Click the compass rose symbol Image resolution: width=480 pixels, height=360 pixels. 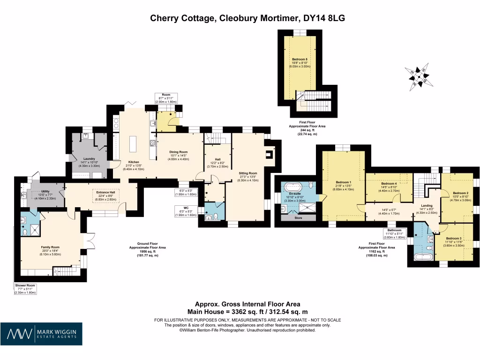[417, 76]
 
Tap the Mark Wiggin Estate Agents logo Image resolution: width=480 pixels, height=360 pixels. [41, 334]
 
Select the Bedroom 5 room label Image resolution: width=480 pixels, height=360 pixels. [300, 60]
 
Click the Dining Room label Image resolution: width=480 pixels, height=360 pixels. [178, 152]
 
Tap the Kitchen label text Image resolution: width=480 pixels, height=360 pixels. [128, 162]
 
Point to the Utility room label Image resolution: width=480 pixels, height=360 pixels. [45, 192]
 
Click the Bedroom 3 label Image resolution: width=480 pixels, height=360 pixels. [454, 239]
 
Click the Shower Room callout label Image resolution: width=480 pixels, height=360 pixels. [25, 285]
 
